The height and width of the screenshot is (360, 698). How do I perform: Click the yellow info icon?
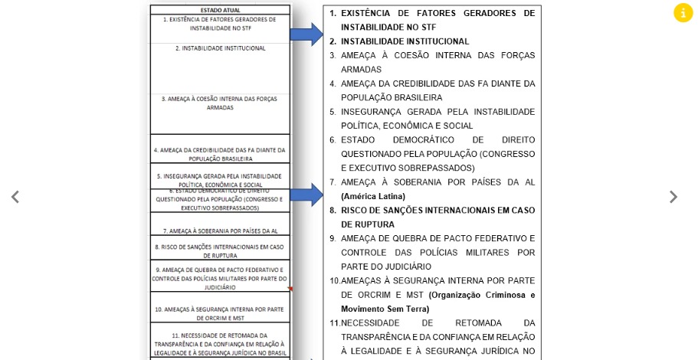pos(683,13)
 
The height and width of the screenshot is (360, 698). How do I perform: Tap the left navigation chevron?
pos(15,197)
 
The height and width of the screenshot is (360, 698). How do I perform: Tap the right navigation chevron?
pos(673,197)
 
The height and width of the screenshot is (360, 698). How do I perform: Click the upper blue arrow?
pos(306,34)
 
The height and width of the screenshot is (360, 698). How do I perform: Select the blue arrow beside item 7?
pos(306,195)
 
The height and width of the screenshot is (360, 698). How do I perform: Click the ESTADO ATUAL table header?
pos(220,10)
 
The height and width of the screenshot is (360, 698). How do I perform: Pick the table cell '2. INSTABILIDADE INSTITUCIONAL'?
pos(220,48)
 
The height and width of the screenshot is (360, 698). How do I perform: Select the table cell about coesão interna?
pos(220,103)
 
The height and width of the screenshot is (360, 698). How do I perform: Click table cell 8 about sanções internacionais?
pos(220,250)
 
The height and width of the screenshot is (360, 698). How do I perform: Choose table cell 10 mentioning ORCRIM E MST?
pos(220,313)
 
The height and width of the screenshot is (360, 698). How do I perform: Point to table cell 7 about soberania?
pos(220,231)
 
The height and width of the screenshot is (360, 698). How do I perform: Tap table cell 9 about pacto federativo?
pos(220,278)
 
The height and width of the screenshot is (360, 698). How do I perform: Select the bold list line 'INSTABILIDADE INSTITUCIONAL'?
pos(405,41)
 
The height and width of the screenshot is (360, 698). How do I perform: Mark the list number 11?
pos(335,323)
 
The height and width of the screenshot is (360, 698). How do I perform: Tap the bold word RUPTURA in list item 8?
pos(368,224)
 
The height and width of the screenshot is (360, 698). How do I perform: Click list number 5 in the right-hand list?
pos(333,112)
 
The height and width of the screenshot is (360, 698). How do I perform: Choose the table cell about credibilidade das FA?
pos(220,154)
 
